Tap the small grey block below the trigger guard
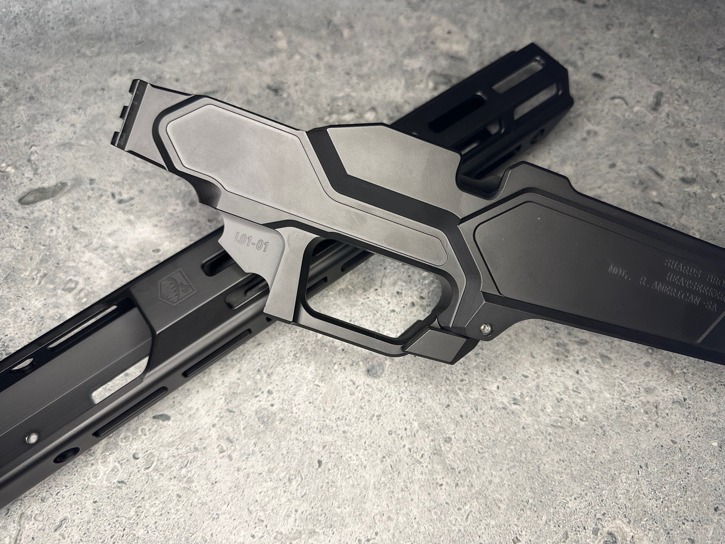click(432, 346)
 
